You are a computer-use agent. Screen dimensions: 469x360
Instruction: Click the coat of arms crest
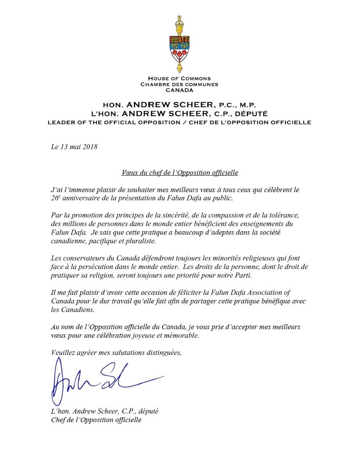click(x=180, y=44)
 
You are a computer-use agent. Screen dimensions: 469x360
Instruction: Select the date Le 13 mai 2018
click(x=74, y=147)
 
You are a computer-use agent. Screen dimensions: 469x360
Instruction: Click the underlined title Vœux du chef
click(x=180, y=172)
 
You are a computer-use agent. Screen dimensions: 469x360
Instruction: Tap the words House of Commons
click(x=180, y=78)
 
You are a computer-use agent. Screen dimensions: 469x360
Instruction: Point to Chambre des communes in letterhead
click(x=180, y=84)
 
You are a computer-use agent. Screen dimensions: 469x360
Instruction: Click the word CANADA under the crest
click(x=180, y=90)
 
